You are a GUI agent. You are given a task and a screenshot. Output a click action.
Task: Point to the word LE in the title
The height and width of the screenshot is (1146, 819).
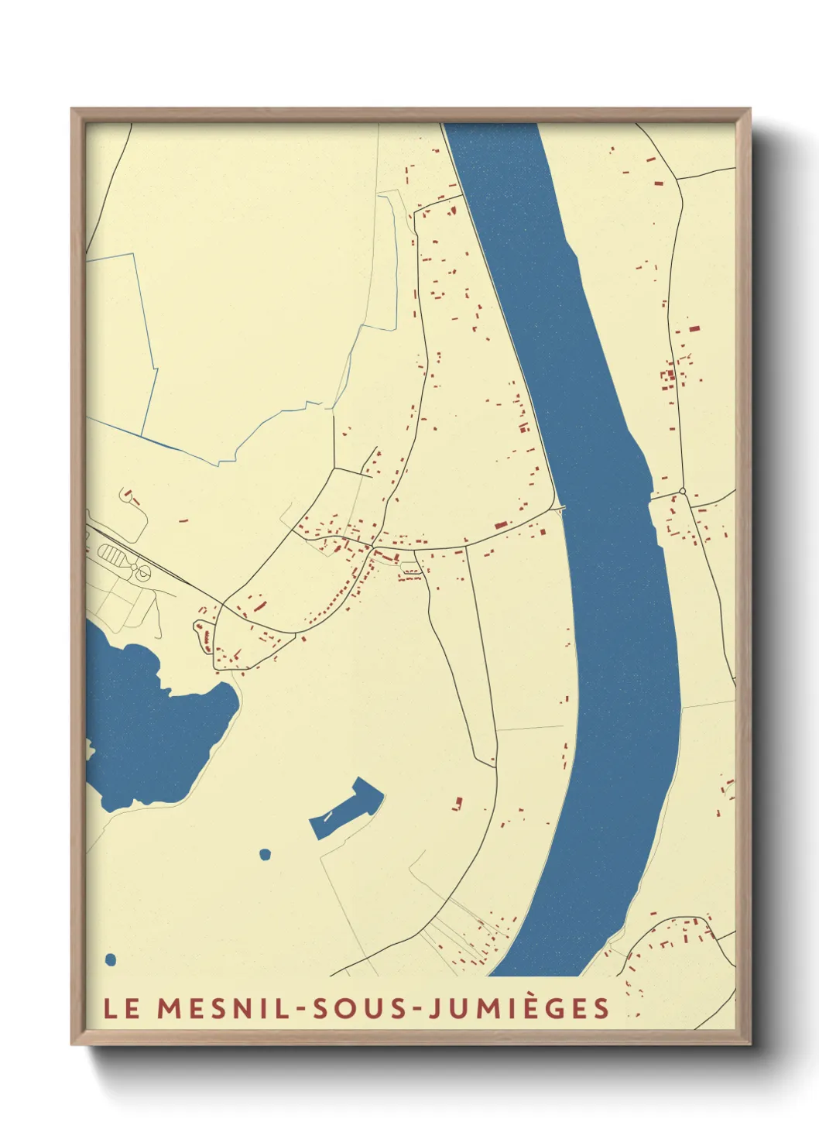click(x=122, y=1008)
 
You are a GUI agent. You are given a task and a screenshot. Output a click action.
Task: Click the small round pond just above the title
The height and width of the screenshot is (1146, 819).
click(x=110, y=960)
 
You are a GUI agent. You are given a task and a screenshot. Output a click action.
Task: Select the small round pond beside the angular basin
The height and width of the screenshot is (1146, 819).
click(x=265, y=854)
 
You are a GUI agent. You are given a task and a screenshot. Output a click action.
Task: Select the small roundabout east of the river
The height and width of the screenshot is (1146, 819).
click(x=682, y=491)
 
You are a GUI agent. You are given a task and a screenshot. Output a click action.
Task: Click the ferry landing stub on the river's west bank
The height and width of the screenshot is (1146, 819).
click(x=560, y=510)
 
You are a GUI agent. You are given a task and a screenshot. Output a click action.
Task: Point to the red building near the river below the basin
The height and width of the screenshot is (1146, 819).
click(x=457, y=804)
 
